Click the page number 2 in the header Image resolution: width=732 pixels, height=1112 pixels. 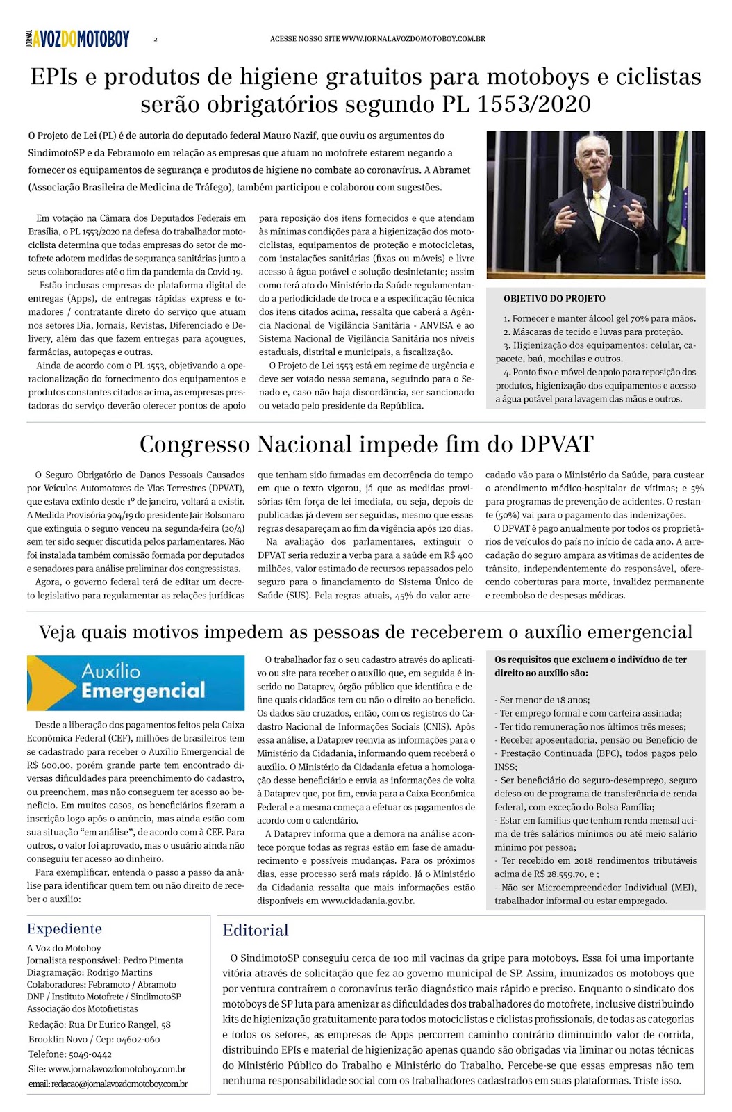tap(156, 40)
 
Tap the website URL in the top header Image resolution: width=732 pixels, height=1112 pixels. tap(413, 39)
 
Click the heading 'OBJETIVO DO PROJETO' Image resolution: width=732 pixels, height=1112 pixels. tap(554, 299)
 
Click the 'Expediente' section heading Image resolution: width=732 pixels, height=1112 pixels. tap(65, 929)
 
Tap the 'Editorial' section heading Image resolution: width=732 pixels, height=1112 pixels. tap(255, 931)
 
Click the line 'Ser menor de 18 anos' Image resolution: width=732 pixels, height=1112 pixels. tap(544, 700)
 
